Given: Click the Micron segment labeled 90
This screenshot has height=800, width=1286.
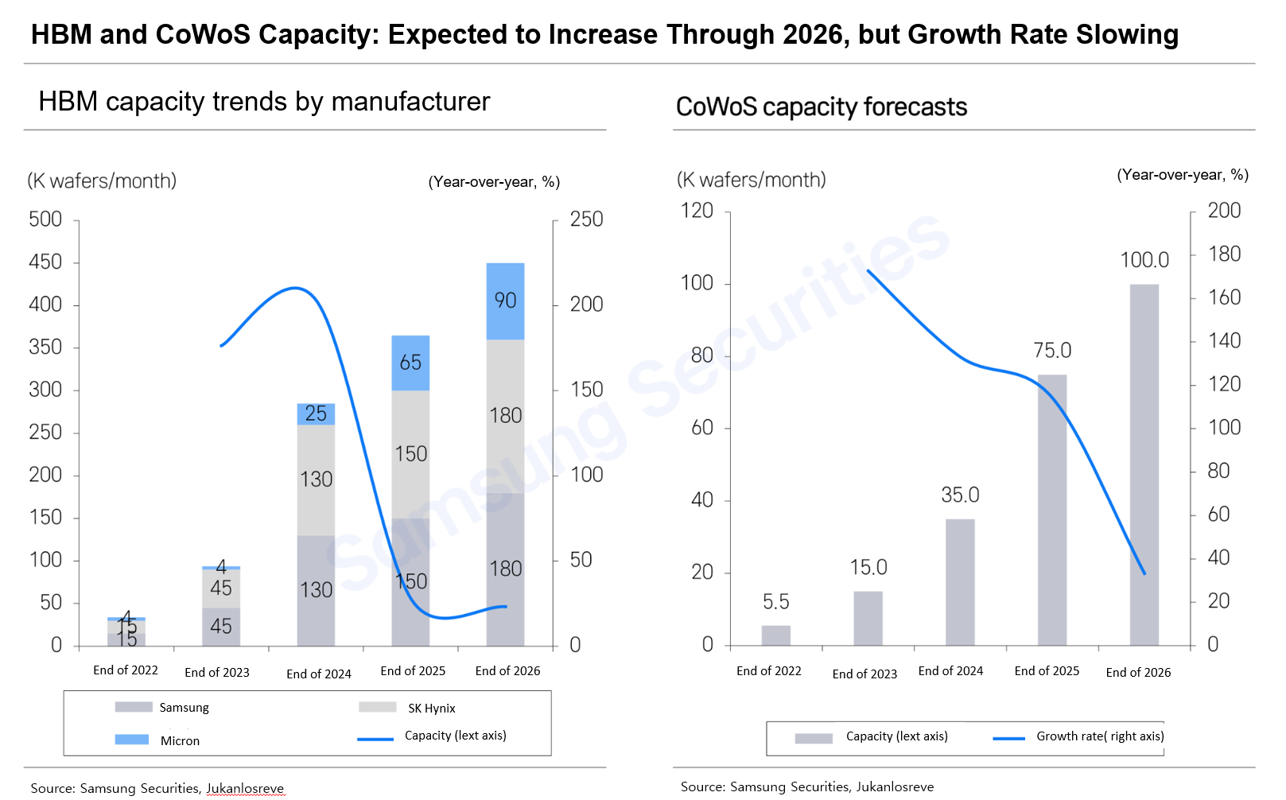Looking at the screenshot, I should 505,301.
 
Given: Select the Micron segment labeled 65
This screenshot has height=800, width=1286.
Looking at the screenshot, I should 410,363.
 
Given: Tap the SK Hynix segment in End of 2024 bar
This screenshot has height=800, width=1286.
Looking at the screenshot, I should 316,480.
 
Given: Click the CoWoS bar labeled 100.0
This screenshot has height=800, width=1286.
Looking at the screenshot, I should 1144,464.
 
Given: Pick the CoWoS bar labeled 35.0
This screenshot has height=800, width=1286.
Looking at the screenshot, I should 960,581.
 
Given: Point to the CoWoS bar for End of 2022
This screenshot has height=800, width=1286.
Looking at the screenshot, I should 775,635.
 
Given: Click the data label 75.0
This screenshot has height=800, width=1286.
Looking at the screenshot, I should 1052,351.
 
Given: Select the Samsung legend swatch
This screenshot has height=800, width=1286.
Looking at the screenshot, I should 133,707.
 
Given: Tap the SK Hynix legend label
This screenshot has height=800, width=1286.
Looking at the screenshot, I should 432,708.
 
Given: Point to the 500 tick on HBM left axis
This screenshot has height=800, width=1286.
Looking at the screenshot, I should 45,219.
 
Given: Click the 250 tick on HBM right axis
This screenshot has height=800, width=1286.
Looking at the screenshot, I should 586,219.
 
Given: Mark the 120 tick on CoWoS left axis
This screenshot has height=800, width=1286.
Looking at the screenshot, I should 697,211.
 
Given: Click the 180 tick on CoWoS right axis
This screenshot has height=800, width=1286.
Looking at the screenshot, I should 1224,254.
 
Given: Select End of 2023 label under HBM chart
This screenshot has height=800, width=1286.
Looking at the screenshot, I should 216,673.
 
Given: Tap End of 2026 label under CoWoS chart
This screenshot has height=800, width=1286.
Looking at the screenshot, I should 1138,673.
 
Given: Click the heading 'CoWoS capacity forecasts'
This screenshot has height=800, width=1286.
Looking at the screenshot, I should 821,107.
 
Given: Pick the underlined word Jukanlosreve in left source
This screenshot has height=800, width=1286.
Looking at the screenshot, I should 245,788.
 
